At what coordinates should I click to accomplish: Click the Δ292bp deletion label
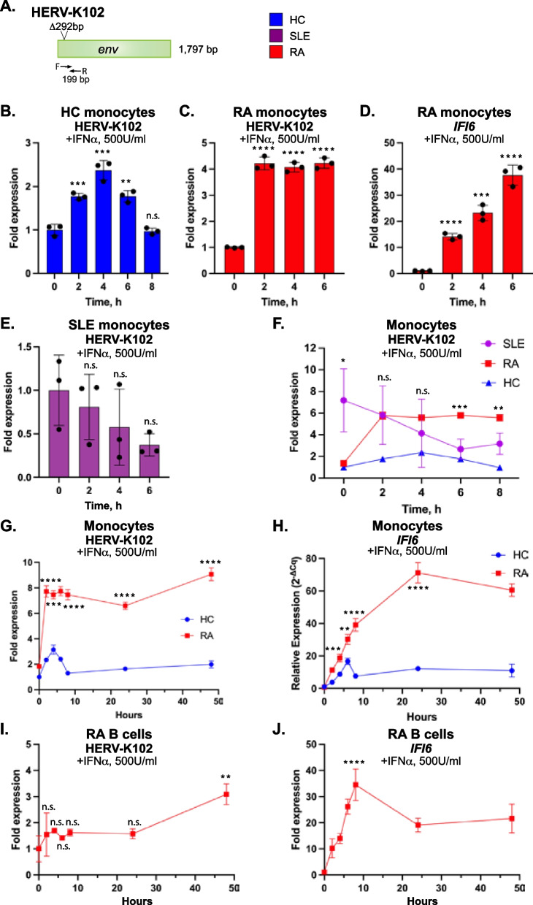[x=73, y=25]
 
